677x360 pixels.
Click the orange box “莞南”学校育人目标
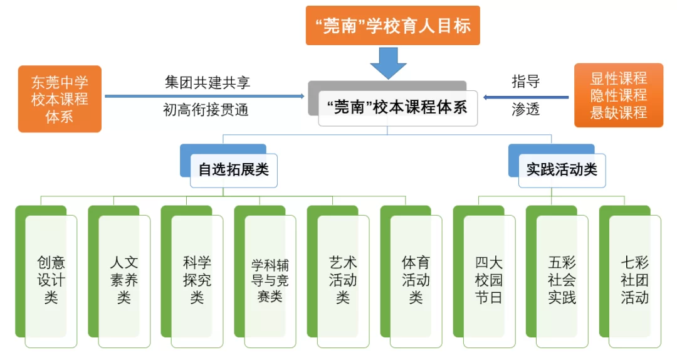pos(393,26)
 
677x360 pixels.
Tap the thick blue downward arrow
pos(389,63)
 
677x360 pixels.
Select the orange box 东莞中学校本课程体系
pos(60,99)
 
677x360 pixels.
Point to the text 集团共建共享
pos(207,83)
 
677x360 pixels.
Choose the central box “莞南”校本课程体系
pos(397,107)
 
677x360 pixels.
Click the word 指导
pos(525,82)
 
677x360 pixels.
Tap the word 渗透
pos(525,110)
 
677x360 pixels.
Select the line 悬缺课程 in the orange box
pos(618,114)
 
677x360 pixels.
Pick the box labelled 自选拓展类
pos(234,169)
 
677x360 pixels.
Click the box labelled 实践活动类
pos(562,169)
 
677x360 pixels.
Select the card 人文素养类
pos(124,280)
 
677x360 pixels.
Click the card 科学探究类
pos(197,280)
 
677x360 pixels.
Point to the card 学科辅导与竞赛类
pos(270,280)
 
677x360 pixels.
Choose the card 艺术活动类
pos(343,280)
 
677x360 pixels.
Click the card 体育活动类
pos(416,280)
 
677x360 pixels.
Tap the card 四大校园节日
pos(489,280)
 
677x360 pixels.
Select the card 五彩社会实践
pos(562,280)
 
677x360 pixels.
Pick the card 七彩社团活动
pos(635,280)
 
